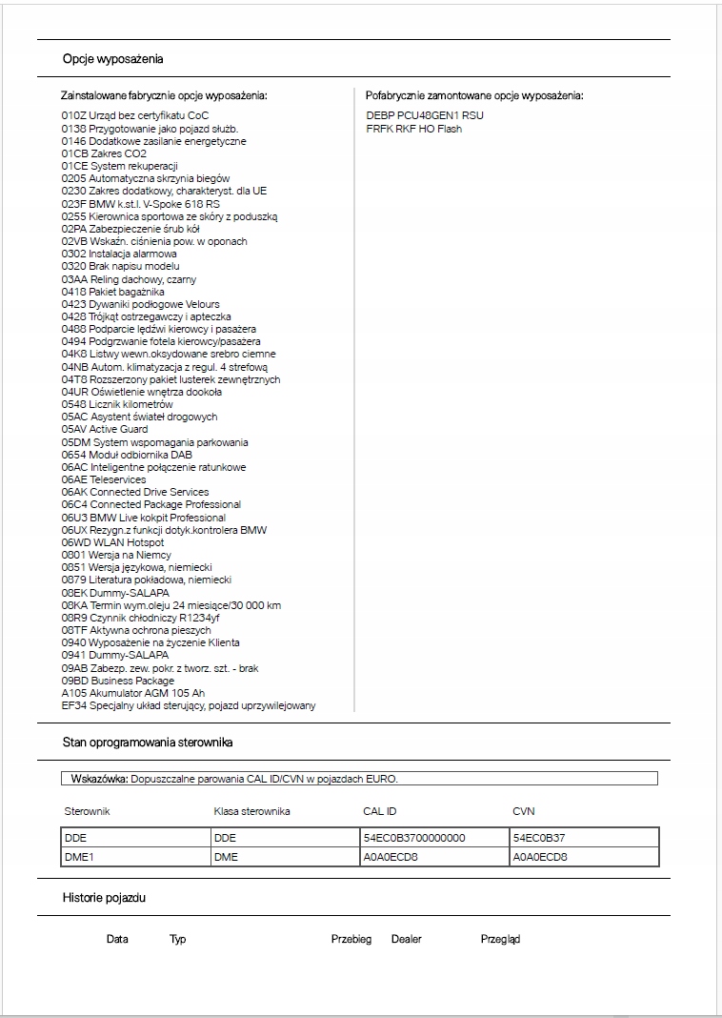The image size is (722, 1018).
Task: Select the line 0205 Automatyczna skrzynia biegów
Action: (146, 178)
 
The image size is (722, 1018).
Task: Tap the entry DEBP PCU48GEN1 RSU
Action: (425, 116)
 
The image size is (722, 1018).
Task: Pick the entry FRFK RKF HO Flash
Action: (413, 129)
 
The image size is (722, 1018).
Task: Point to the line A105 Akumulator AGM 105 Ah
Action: (133, 693)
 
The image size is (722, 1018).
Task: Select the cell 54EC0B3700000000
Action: (414, 838)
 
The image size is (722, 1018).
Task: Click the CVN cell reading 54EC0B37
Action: (540, 838)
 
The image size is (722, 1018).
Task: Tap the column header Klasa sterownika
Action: (251, 811)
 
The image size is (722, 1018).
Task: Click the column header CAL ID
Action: (380, 811)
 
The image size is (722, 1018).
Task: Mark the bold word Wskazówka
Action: (99, 779)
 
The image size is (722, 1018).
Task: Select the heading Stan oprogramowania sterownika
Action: (148, 742)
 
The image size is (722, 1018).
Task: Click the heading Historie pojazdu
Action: (104, 898)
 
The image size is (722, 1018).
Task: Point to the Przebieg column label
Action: (351, 939)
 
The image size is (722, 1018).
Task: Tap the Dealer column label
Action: (406, 939)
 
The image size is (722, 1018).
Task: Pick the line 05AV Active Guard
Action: (105, 429)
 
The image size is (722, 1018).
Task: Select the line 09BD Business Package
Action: (118, 681)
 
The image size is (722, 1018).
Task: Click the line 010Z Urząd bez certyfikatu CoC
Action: (135, 116)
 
